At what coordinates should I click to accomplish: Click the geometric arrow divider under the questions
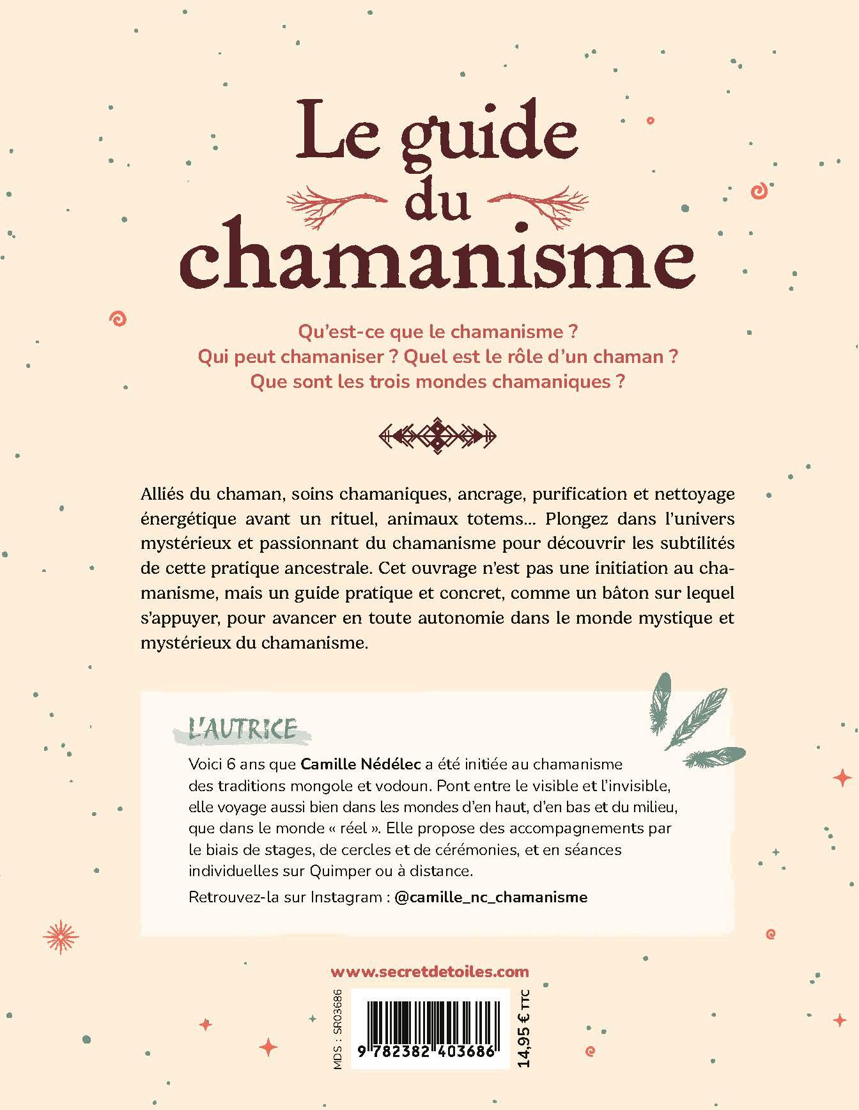coord(437,436)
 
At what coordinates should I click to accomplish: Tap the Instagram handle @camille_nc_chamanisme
coord(491,897)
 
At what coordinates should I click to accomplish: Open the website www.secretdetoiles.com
coord(430,972)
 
